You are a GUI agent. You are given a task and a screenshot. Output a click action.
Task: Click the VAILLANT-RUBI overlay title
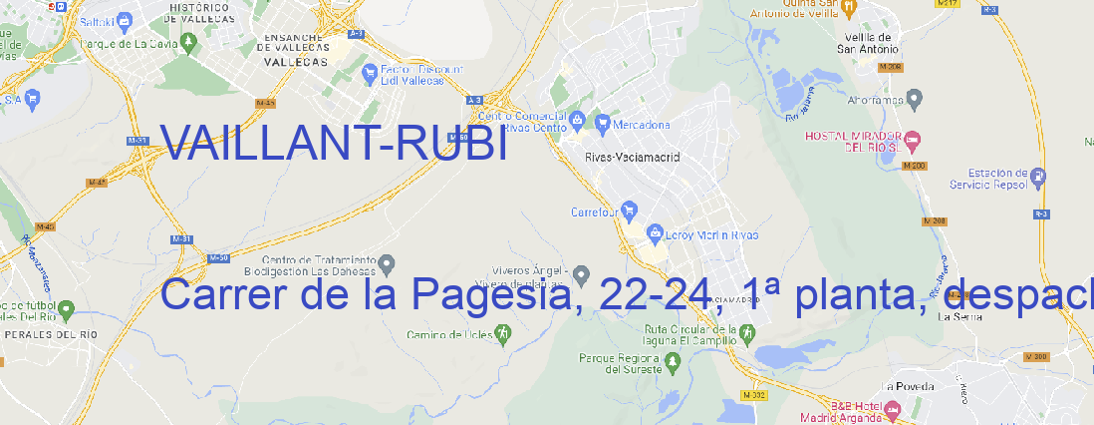click(x=334, y=146)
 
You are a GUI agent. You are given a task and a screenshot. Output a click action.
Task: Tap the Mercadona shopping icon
click(x=603, y=125)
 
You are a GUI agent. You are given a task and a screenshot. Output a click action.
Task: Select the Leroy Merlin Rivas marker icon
click(x=655, y=234)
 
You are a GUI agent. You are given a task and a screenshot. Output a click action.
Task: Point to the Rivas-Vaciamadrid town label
click(x=632, y=157)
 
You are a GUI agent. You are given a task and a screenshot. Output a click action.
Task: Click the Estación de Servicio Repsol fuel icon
click(x=1040, y=177)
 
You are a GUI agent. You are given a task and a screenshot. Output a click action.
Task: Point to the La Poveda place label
click(x=907, y=387)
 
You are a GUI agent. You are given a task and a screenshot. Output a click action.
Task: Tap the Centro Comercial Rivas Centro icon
click(x=578, y=121)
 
